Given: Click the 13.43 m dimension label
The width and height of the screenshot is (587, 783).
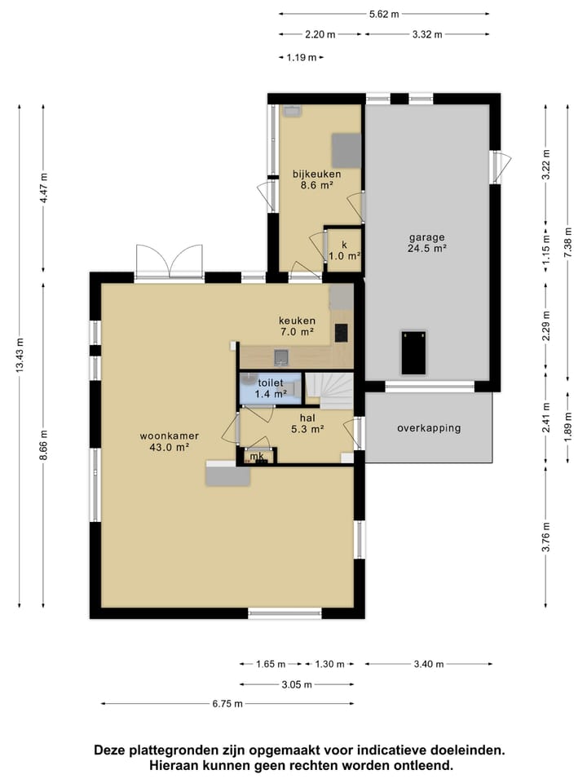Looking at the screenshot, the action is [20, 355].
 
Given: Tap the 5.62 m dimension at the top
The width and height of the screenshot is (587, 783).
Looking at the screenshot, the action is [384, 14].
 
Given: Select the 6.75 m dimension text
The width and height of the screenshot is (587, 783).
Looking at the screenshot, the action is [227, 704].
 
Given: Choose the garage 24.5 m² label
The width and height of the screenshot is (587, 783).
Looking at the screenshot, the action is [426, 243].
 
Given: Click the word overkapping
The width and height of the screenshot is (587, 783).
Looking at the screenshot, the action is [429, 428].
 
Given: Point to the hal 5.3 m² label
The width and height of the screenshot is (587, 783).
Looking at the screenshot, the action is [307, 423].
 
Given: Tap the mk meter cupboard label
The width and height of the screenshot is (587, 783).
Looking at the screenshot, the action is [257, 456].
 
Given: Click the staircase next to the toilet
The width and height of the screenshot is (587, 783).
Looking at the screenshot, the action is [329, 391].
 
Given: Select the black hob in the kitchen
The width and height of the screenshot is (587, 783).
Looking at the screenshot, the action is [342, 333].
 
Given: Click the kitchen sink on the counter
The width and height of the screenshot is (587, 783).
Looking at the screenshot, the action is [281, 357].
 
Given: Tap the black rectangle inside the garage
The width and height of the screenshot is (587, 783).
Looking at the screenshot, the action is [414, 352].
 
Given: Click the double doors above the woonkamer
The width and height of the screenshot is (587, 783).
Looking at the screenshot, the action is [170, 261].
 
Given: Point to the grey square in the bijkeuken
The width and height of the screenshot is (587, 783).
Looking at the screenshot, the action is [346, 150].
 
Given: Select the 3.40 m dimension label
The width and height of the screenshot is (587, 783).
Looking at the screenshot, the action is [429, 664].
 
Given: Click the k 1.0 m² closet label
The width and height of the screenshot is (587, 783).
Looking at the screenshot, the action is [344, 250].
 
